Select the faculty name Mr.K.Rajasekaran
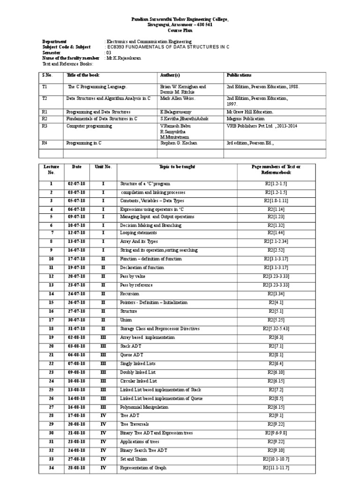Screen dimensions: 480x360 (123, 58)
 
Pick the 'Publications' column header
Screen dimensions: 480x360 (239, 75)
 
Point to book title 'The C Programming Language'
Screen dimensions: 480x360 (97, 87)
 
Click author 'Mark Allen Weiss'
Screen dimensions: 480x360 (178, 98)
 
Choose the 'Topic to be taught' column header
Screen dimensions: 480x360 (177, 167)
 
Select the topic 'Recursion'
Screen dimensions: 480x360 (129, 294)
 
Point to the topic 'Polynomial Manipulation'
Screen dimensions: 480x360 (144, 407)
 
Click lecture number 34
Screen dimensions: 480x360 (52, 468)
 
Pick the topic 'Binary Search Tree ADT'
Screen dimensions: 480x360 (143, 450)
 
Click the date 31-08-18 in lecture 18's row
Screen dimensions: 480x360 (76, 329)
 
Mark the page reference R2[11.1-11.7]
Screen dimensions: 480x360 (276, 468)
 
